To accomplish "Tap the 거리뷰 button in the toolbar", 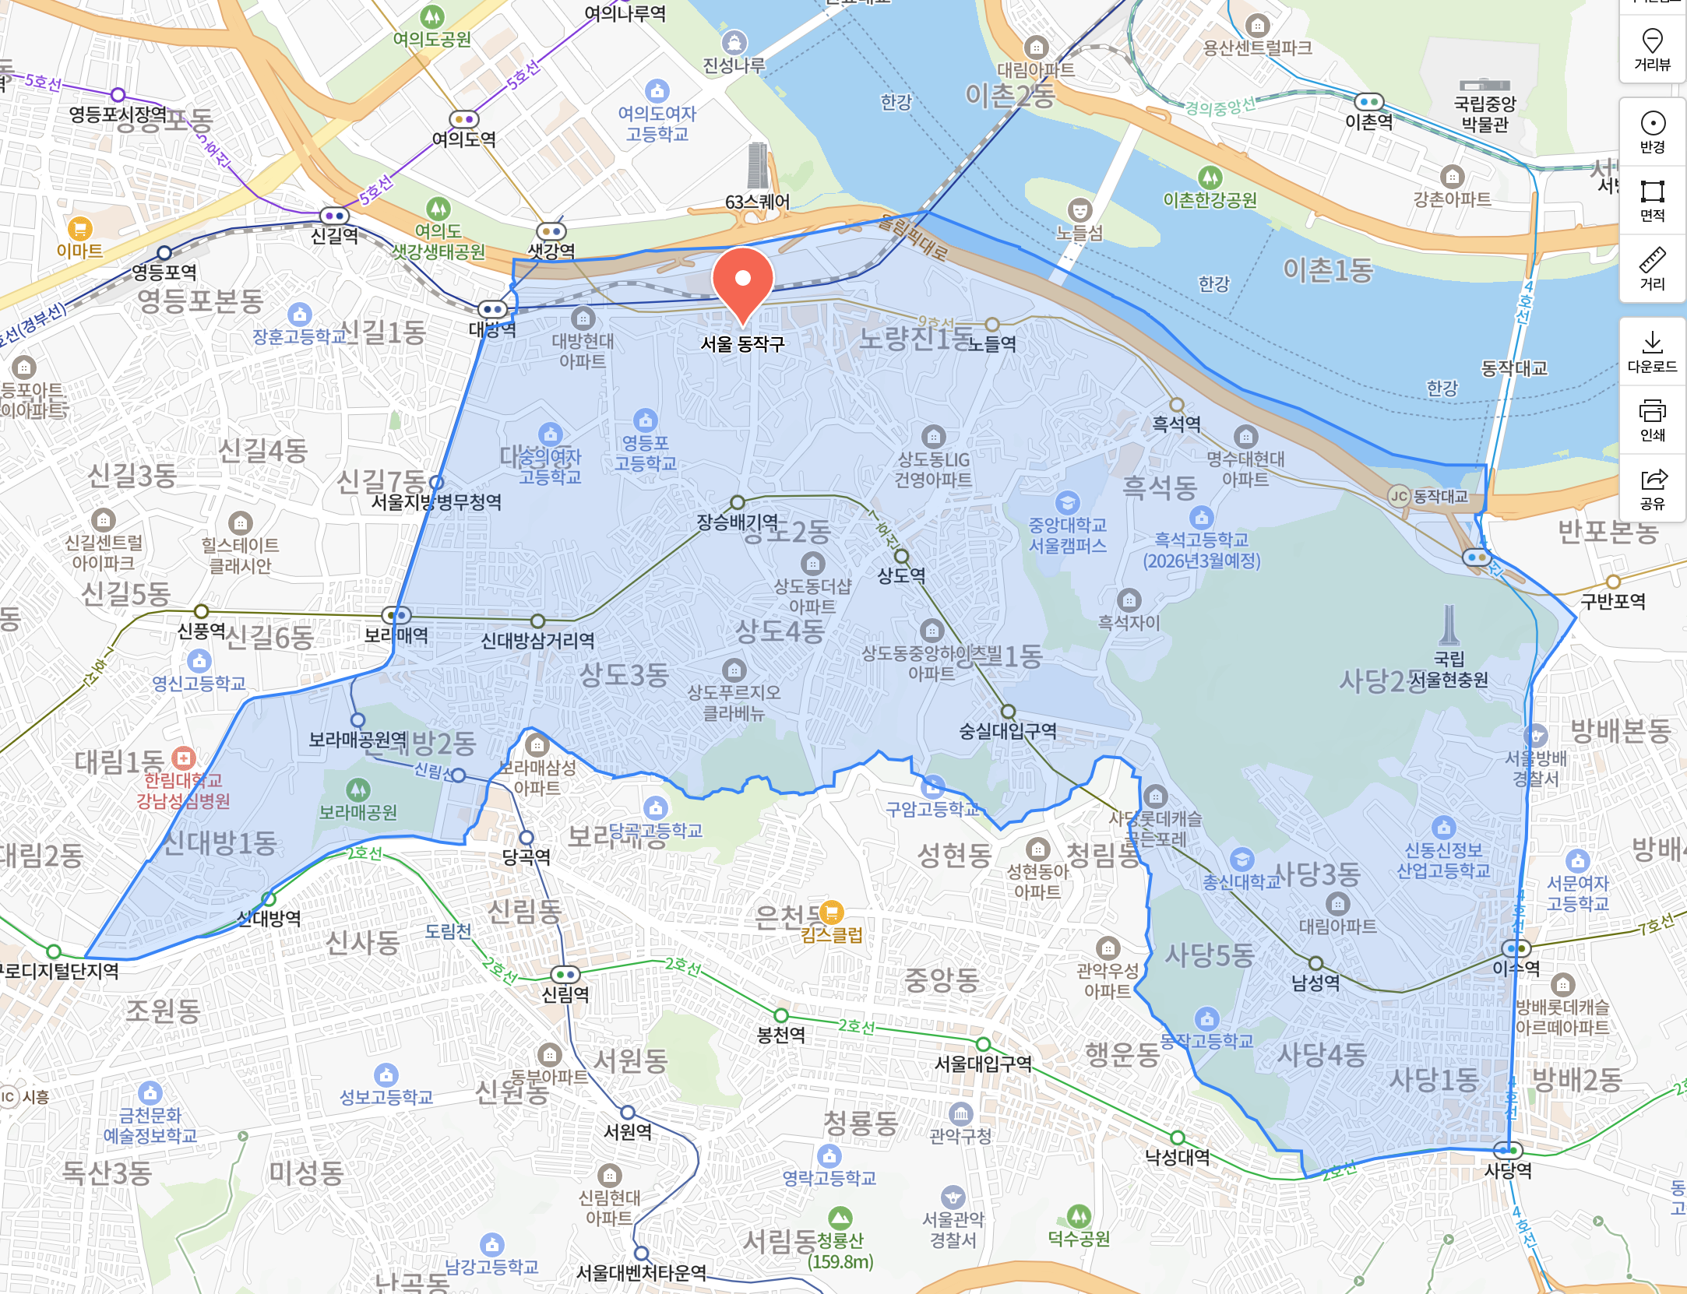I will tap(1652, 48).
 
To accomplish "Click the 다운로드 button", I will tap(1652, 351).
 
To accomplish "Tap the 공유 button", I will tap(1652, 488).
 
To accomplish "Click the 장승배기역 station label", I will tap(737, 521).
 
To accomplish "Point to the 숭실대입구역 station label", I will tap(1007, 730).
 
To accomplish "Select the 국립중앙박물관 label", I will tap(1484, 114).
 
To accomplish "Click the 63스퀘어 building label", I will tap(757, 202).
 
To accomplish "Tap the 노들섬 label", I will tap(1079, 232).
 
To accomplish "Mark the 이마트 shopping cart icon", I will tap(79, 229).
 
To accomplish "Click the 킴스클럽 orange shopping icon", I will tap(832, 912).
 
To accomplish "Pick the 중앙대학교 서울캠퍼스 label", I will tap(1067, 535).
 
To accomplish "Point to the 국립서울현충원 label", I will tap(1449, 670).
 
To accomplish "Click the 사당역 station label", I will tap(1508, 1170).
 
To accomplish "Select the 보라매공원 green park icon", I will tap(357, 790).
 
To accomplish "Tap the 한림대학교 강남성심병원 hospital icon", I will tap(184, 757).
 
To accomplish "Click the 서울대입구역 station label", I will tap(983, 1064).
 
